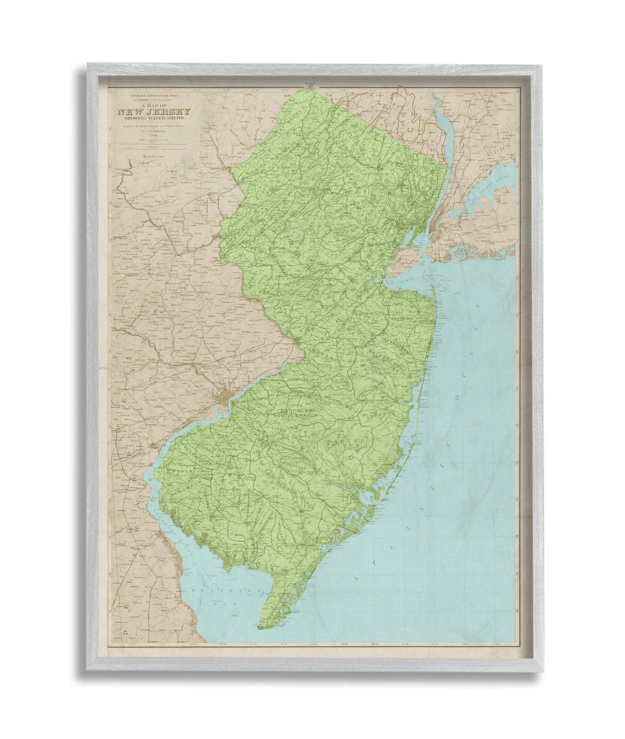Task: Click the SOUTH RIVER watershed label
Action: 368,314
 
